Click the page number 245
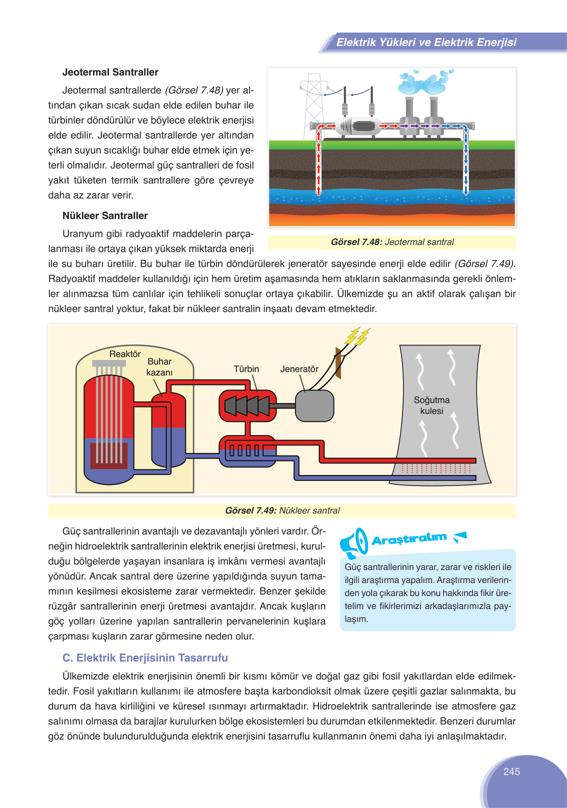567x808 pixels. coord(511,771)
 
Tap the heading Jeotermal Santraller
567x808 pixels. coord(110,72)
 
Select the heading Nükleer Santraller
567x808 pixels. coord(105,215)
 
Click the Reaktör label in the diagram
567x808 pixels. coord(125,354)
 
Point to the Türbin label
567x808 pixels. coord(246,369)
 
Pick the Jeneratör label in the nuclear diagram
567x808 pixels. coord(299,369)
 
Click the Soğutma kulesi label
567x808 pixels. coord(431,405)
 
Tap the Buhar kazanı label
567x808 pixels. coord(159,367)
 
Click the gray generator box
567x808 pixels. coord(314,405)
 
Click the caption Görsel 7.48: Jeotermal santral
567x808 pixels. coord(392,242)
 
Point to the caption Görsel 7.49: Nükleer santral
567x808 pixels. coord(282,510)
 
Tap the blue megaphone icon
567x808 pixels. coord(354,542)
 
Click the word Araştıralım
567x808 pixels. coord(409,539)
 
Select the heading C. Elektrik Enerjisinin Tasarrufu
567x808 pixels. coord(145,658)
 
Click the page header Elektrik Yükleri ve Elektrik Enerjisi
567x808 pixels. coord(426,42)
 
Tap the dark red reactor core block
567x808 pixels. coord(108,455)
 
